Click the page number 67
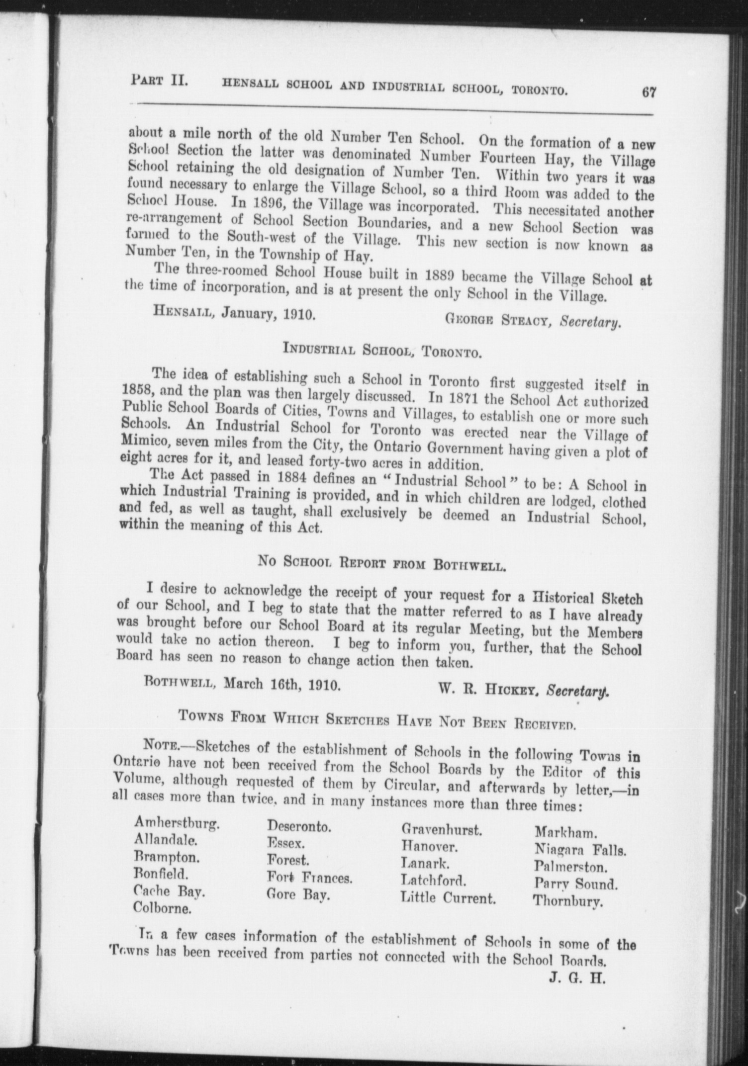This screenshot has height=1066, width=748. pos(649,93)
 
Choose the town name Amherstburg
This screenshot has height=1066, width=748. pos(177,823)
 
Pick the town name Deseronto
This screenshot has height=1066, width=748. pos(299,826)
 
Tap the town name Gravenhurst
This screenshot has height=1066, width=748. pos(441,829)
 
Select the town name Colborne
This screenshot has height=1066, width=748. pos(162,907)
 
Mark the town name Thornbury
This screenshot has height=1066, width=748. pos(568,901)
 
